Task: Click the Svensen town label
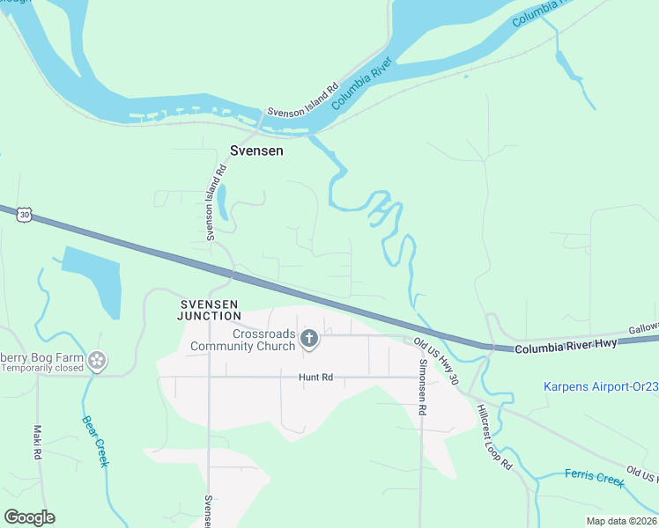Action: [256, 150]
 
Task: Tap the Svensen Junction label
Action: [208, 310]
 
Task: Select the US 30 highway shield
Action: [24, 214]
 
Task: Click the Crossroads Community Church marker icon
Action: [308, 339]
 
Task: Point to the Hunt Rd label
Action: [315, 378]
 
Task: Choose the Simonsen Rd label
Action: [423, 386]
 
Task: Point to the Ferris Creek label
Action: [594, 479]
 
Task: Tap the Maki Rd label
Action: [37, 444]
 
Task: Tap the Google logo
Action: [29, 517]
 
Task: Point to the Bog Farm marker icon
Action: [98, 360]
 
